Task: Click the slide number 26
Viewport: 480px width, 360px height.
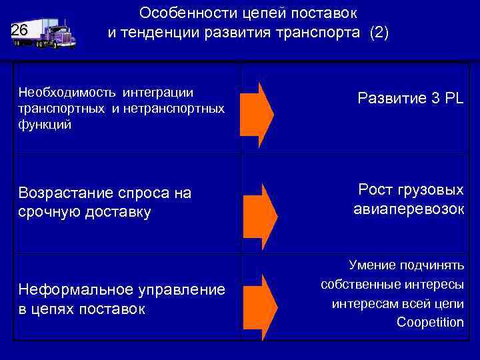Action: coord(19,31)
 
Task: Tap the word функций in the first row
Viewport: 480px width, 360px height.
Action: coord(44,125)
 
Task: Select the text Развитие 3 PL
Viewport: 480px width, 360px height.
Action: coord(410,99)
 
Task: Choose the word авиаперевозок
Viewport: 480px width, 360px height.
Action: coord(408,209)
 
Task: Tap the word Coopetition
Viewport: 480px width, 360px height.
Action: coord(430,323)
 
